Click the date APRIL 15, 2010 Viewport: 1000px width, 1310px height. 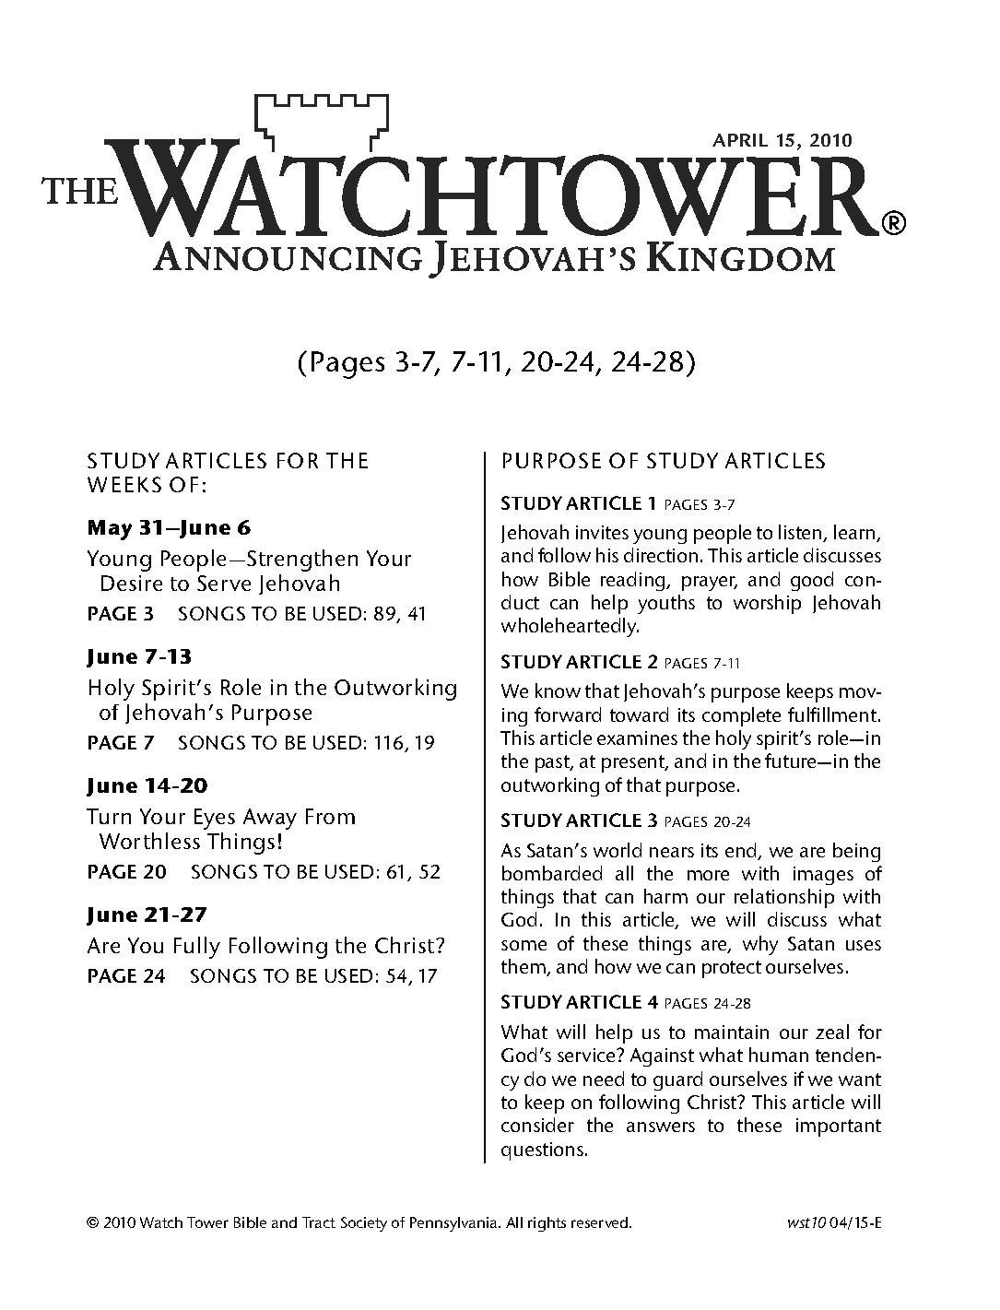click(782, 141)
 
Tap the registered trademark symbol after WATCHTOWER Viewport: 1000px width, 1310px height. click(893, 222)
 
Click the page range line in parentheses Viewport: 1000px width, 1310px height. click(495, 363)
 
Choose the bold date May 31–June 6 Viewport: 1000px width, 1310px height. click(169, 528)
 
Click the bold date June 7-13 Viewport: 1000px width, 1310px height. click(139, 657)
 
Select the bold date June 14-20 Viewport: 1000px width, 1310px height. click(147, 786)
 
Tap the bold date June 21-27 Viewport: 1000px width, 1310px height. click(147, 915)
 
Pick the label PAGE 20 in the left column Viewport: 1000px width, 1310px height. click(126, 872)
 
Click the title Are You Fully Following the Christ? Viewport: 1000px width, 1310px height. click(266, 946)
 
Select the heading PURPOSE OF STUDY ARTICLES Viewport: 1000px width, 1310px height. click(664, 461)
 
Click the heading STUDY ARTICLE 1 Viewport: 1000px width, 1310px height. click(578, 503)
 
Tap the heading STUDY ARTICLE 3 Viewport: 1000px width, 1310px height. click(579, 820)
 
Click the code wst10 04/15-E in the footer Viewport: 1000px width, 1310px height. click(830, 1223)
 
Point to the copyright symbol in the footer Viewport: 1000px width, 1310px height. click(92, 1223)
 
